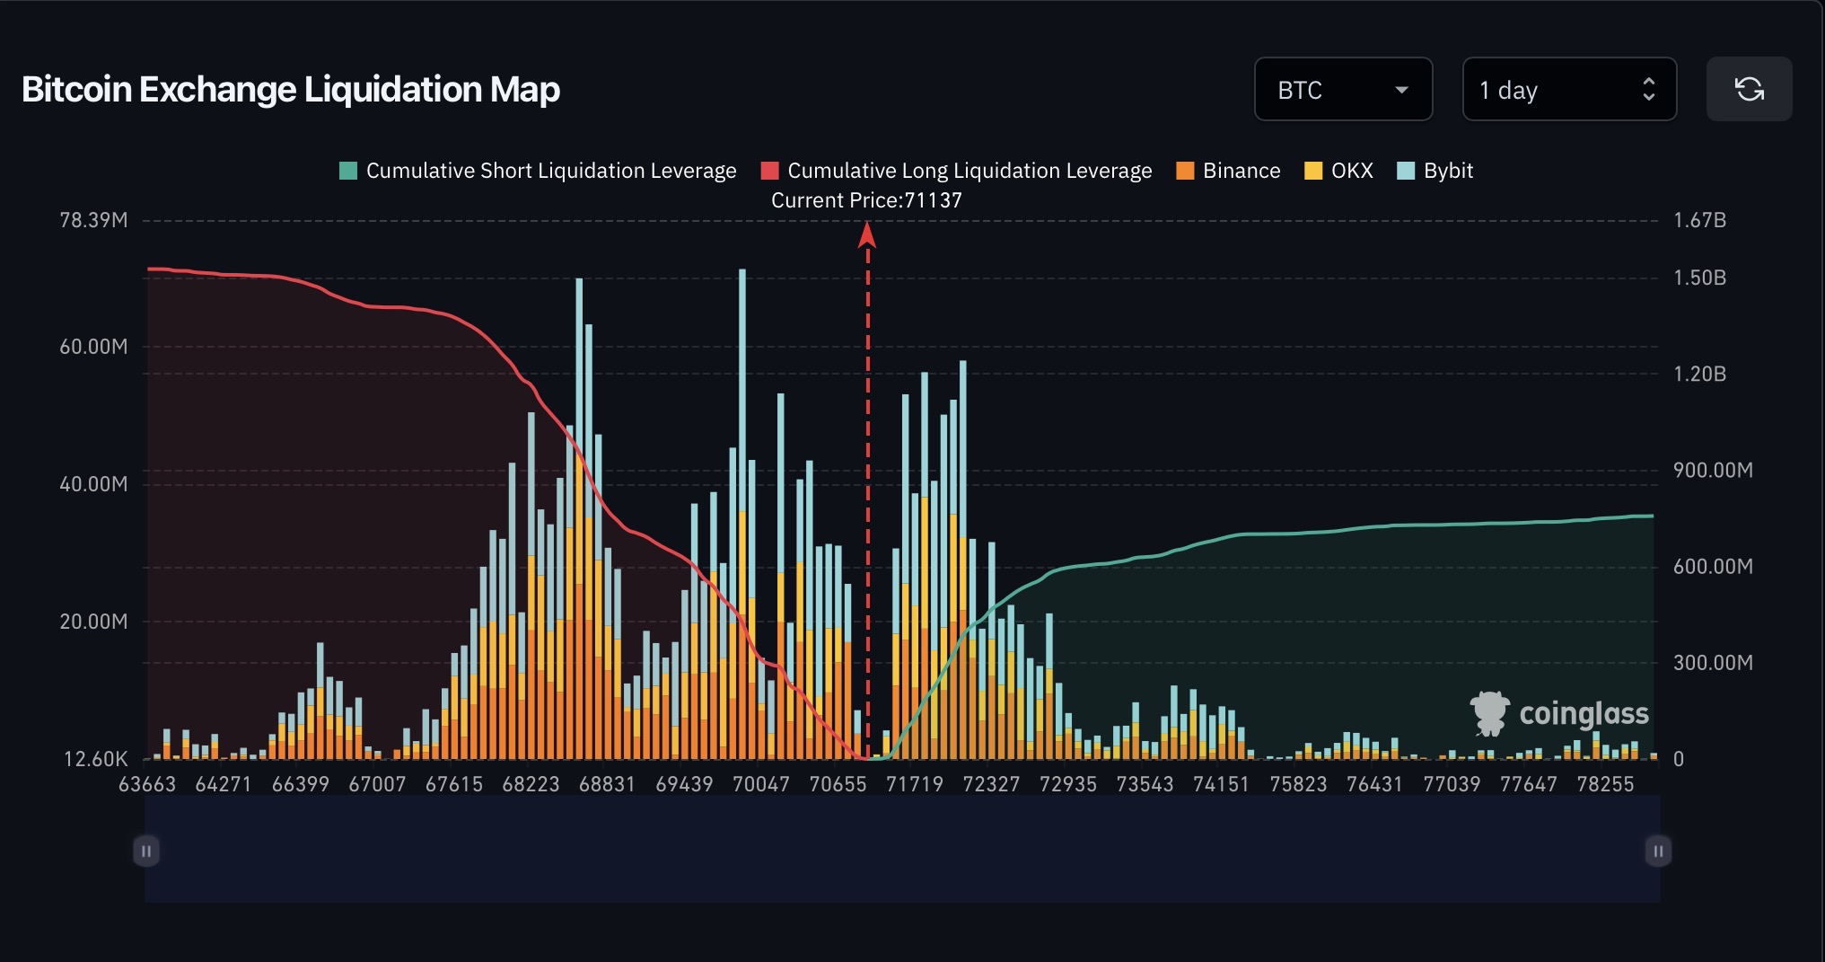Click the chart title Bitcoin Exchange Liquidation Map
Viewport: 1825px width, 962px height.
(x=291, y=90)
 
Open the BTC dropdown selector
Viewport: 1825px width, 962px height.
(x=1342, y=90)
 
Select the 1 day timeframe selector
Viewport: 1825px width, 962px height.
(x=1568, y=90)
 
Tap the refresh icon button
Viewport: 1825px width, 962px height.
(x=1748, y=90)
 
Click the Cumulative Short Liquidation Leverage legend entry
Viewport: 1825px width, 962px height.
(x=538, y=171)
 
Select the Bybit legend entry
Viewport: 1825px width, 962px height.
(x=1435, y=171)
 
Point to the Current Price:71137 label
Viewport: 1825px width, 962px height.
(x=866, y=200)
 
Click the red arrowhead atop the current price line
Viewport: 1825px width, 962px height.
(x=867, y=235)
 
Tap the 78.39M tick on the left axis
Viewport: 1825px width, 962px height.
(x=93, y=220)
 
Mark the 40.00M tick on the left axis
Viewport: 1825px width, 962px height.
(x=93, y=484)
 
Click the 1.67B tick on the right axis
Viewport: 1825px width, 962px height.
(x=1699, y=220)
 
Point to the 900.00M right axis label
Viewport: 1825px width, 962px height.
(x=1712, y=470)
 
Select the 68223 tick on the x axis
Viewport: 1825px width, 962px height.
(x=531, y=784)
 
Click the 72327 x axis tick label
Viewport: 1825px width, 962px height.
(x=991, y=784)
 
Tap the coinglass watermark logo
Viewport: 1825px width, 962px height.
(x=1559, y=714)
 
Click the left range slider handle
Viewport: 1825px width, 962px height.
(x=146, y=851)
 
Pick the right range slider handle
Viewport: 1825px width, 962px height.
(x=1658, y=851)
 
